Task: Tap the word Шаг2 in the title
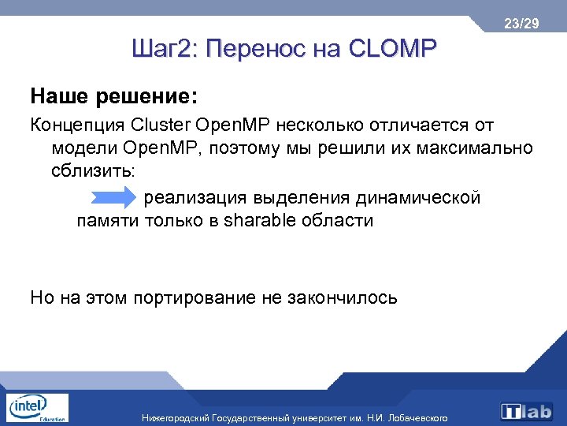pos(163,50)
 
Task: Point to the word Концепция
pos(77,125)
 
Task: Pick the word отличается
pos(425,125)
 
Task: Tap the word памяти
pos(108,220)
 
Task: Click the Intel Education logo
pos(36,409)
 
